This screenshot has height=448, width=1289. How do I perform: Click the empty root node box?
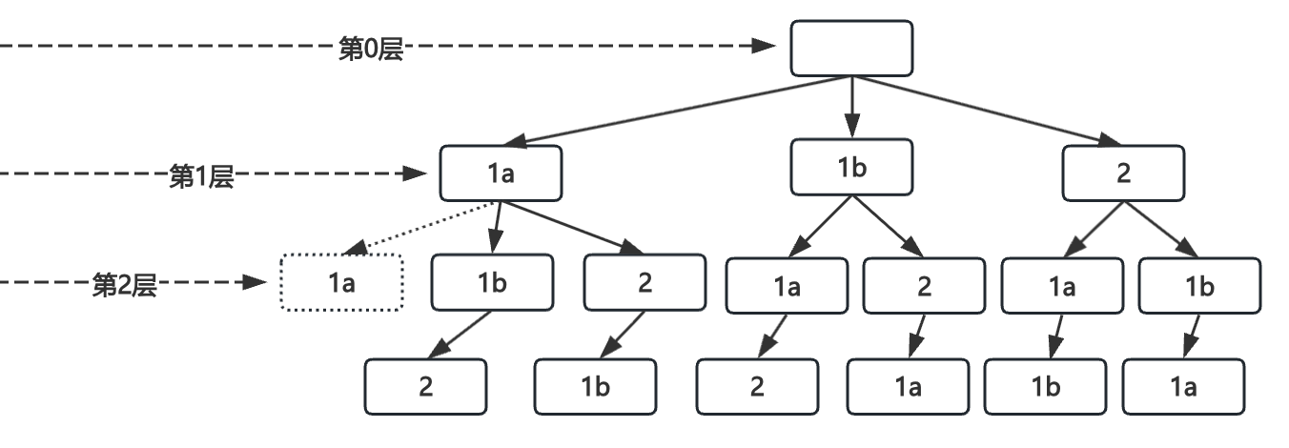point(851,48)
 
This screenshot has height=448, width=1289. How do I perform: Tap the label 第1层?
point(201,176)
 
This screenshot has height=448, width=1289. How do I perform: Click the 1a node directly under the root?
point(501,173)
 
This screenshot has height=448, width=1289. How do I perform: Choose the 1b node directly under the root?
point(851,167)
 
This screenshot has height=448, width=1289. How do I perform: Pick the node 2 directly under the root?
point(1123,173)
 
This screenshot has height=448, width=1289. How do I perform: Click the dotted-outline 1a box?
point(342,283)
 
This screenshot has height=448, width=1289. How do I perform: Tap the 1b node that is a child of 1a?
point(492,283)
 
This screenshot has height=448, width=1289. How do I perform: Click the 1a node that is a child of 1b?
point(786,285)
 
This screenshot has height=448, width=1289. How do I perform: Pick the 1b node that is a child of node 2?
point(1199,285)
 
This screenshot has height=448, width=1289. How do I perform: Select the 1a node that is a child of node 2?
point(1062,285)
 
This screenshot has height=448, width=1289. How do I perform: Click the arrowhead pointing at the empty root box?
point(763,46)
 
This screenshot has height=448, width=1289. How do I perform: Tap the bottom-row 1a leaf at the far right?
point(1183,386)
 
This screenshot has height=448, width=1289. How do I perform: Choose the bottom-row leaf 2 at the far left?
point(425,386)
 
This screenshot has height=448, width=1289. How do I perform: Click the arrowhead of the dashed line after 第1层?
point(415,173)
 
